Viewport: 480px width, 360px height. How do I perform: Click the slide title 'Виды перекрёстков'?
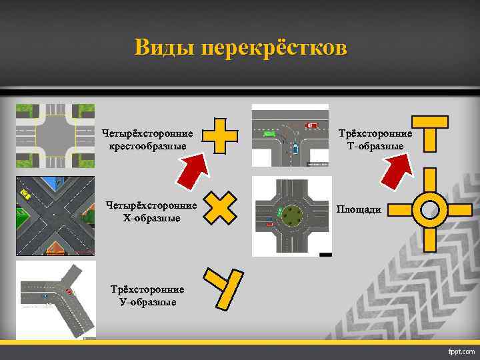click(x=240, y=49)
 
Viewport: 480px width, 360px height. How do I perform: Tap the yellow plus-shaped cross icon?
click(x=219, y=135)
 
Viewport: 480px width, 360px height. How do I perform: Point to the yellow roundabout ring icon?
click(x=429, y=209)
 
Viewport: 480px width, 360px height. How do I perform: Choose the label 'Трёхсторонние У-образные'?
click(x=147, y=296)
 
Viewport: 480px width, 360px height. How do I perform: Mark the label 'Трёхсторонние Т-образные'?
click(x=376, y=140)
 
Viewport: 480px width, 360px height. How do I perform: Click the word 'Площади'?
click(x=359, y=210)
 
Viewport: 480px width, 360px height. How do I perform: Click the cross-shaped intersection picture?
click(x=55, y=136)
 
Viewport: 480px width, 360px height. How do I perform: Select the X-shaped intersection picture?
click(x=55, y=217)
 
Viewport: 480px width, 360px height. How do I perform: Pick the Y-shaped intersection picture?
click(x=55, y=299)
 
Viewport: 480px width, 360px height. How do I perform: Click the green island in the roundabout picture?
click(x=291, y=215)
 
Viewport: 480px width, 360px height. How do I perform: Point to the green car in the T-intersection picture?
click(x=269, y=133)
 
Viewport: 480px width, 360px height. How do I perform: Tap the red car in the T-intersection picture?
click(x=311, y=125)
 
